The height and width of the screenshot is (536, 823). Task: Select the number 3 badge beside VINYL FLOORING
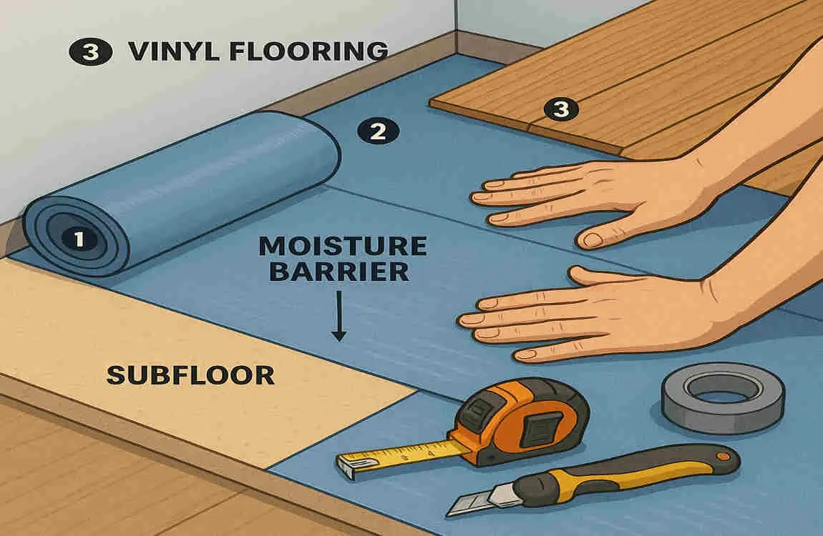pos(91,53)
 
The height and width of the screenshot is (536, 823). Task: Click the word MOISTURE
pos(342,246)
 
